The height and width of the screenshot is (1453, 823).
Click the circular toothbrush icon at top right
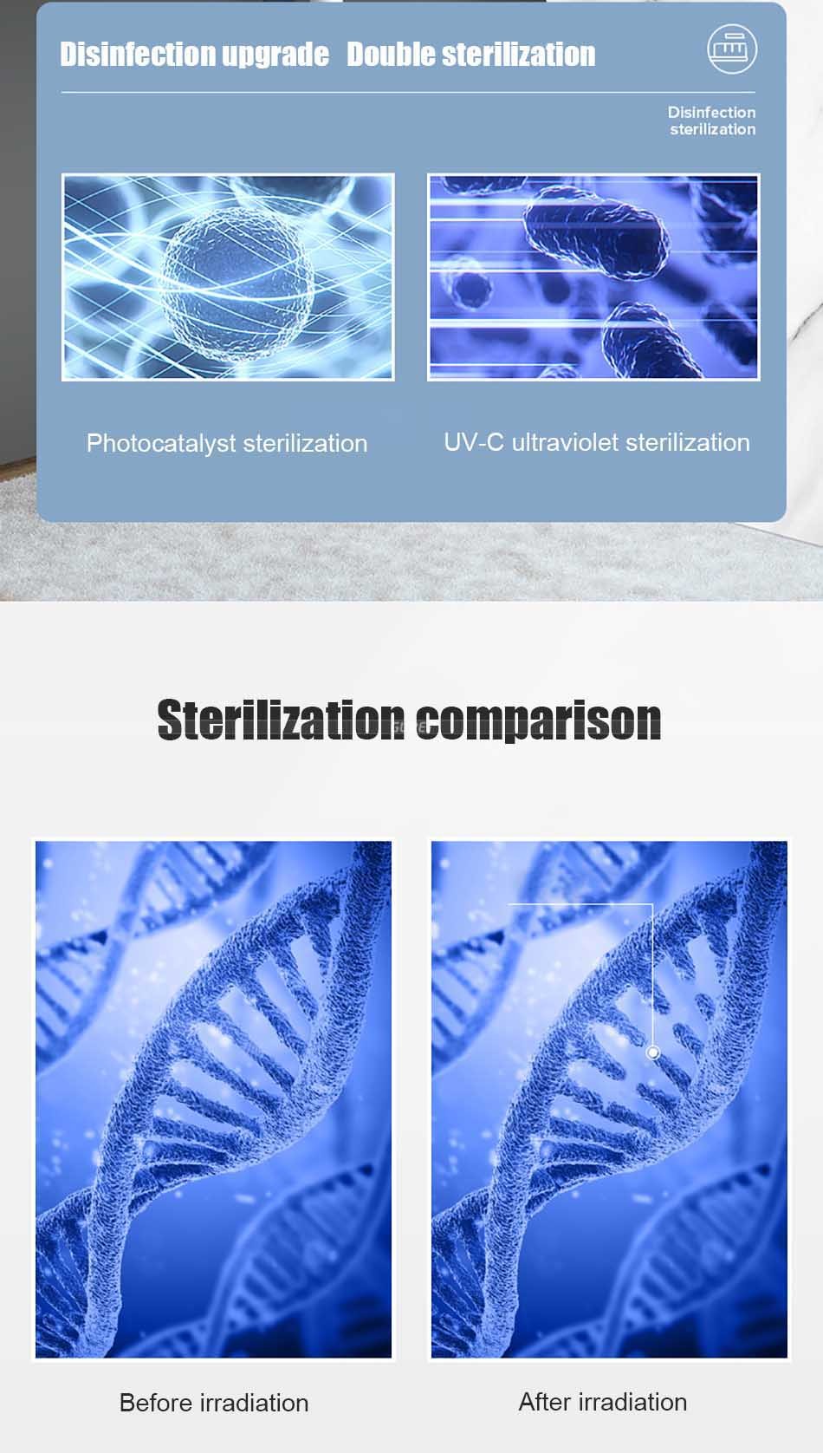(x=732, y=49)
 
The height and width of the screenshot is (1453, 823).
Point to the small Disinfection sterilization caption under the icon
(x=711, y=121)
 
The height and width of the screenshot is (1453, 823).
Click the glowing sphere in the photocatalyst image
(x=237, y=284)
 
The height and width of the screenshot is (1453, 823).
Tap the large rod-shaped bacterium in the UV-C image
(x=595, y=232)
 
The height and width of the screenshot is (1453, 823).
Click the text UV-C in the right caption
(x=474, y=442)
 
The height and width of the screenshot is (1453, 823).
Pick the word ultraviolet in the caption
(x=565, y=442)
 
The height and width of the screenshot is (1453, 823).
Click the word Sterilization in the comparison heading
(x=281, y=720)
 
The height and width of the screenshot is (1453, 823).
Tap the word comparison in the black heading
(x=538, y=721)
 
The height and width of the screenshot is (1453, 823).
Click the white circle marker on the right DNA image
(x=652, y=1052)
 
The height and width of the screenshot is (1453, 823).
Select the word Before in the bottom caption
(x=156, y=1403)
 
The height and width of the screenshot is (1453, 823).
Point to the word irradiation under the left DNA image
(x=254, y=1403)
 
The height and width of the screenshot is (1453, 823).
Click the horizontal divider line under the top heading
(x=408, y=92)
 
